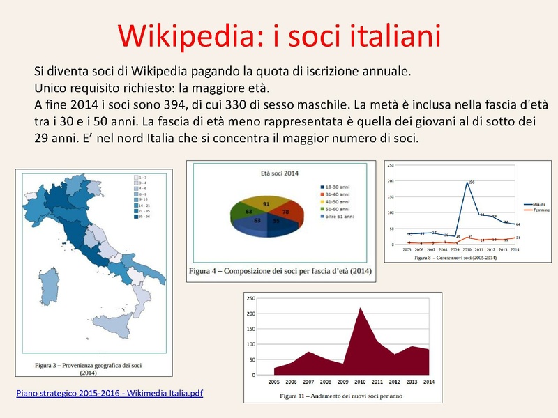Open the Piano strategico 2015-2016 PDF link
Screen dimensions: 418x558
[110, 394]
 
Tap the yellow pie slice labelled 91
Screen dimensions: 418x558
[266, 203]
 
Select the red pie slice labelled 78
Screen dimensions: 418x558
[285, 212]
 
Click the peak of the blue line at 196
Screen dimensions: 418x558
[467, 183]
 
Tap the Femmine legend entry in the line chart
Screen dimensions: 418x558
[534, 210]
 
